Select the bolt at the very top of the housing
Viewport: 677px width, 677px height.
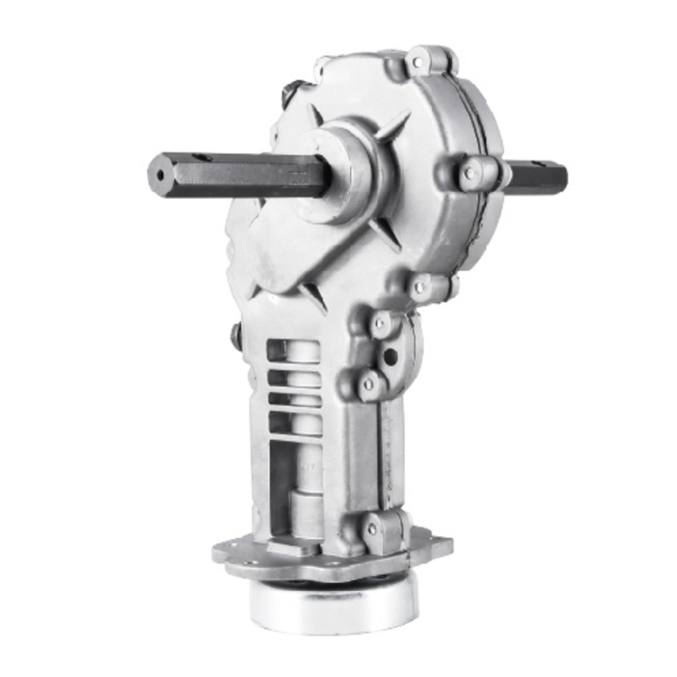[x=420, y=62]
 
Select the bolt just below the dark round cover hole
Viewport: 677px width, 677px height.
[x=369, y=385]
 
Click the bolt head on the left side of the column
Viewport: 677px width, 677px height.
[x=236, y=336]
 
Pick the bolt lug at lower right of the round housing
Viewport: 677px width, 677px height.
[x=420, y=287]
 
